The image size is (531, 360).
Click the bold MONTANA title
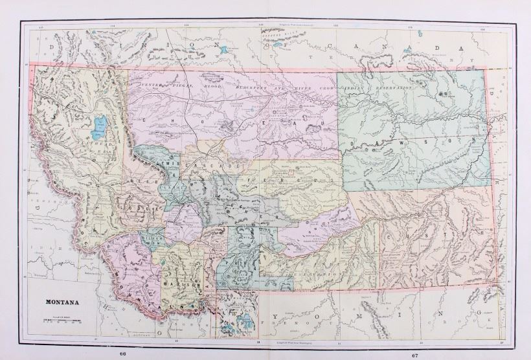[62, 302]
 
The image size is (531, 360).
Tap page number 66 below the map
[123, 354]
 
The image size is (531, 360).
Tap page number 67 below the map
[414, 354]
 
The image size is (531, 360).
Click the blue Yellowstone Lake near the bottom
[246, 322]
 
